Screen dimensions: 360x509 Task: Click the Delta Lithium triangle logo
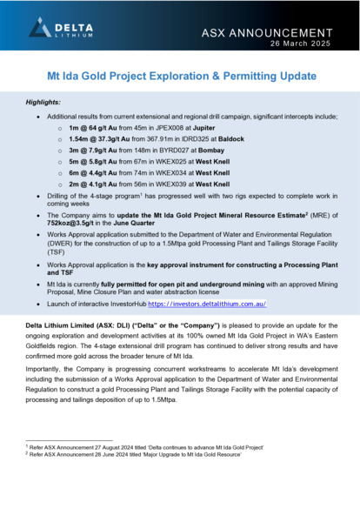click(x=40, y=28)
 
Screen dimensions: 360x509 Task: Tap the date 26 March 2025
click(x=307, y=44)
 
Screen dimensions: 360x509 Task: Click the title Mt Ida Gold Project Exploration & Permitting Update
click(x=180, y=77)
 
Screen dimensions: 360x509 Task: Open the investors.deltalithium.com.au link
click(x=211, y=305)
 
